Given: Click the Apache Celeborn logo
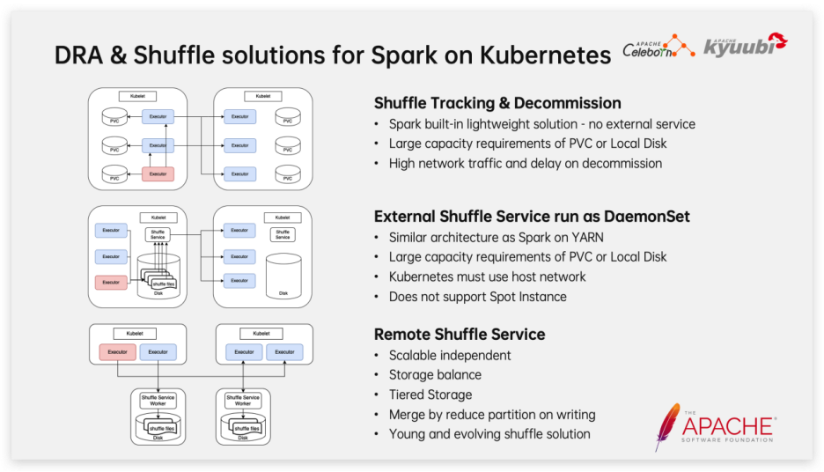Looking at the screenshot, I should click(658, 48).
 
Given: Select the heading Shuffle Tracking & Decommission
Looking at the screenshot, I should click(497, 103).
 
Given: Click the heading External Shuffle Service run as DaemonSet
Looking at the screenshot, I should click(532, 216).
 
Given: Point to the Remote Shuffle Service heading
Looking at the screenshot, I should click(460, 335).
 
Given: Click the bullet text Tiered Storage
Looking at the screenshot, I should click(430, 395).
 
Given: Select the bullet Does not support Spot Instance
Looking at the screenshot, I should click(477, 297).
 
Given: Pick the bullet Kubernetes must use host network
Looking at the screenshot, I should click(487, 277).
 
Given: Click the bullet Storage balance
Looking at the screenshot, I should click(435, 375).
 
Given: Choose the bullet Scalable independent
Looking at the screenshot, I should click(450, 356).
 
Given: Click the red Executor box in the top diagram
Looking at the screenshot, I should click(158, 173).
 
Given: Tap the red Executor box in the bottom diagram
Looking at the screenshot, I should click(116, 352).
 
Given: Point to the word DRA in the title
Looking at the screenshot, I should click(77, 55).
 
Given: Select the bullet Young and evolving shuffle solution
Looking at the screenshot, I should click(489, 433).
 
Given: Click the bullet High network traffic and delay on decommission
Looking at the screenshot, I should click(526, 163).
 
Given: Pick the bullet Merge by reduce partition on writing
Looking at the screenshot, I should click(492, 414).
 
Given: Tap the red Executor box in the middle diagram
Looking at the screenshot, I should click(111, 283).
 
